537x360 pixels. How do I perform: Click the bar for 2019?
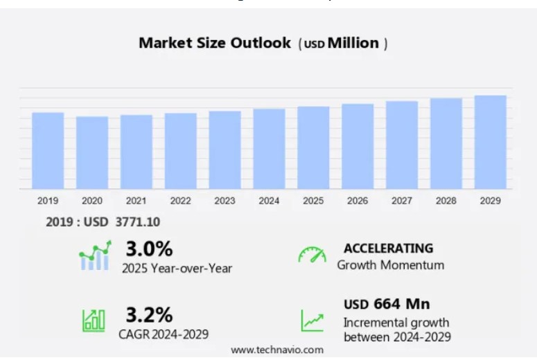pos(48,150)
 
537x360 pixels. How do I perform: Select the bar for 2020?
pos(92,152)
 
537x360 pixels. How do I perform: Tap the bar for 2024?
pos(269,148)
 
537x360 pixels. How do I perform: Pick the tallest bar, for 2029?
pos(491,142)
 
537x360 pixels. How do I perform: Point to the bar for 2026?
pos(358,146)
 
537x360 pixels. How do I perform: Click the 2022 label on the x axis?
pos(180,201)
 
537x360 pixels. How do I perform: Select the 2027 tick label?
pos(402,201)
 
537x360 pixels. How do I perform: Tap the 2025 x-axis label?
pos(313,201)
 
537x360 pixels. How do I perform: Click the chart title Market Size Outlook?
pos(215,43)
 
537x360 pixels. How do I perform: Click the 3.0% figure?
pos(149,249)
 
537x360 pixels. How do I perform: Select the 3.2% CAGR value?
pos(149,315)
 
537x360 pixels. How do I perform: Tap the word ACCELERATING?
pos(389,248)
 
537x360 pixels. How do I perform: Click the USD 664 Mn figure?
pos(387,304)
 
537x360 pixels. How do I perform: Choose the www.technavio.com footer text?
pos(277,350)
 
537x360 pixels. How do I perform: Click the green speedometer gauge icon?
pos(312,255)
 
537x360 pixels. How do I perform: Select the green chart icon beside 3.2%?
pos(94,319)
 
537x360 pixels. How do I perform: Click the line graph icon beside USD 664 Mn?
pos(312,320)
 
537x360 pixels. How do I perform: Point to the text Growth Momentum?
pos(390,265)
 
